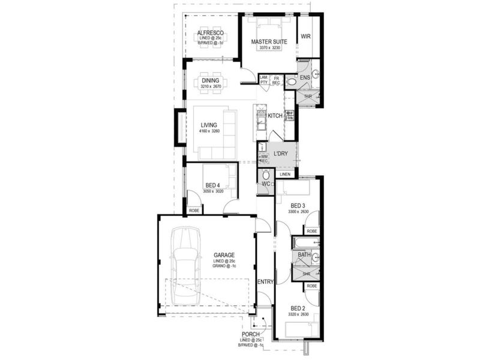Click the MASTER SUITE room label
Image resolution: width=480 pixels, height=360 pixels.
[269, 41]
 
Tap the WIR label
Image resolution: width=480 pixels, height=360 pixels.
[305, 37]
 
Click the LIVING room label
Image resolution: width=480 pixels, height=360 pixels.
[209, 125]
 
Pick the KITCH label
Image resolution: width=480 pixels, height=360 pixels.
[275, 116]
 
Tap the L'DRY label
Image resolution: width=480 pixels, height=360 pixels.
[281, 154]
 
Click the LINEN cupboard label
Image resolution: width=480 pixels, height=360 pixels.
[285, 174]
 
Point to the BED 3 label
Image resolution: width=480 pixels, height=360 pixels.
[298, 206]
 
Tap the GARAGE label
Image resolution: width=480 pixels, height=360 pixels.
[223, 255]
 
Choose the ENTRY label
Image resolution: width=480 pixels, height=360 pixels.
[265, 282]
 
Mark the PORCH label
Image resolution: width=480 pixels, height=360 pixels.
[250, 334]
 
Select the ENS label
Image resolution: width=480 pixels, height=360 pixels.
[304, 78]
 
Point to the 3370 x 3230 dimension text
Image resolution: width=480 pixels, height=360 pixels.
[269, 47]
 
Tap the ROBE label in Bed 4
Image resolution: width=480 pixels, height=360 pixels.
[194, 211]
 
